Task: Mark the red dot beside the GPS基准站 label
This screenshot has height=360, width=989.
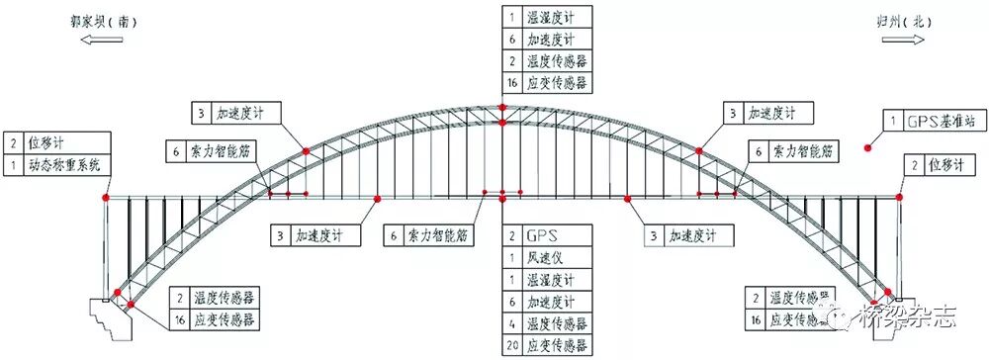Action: click(869, 148)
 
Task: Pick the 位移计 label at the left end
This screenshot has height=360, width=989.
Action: click(48, 142)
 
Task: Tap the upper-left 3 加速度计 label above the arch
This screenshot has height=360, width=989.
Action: click(237, 113)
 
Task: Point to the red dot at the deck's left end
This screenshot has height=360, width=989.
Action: click(106, 199)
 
